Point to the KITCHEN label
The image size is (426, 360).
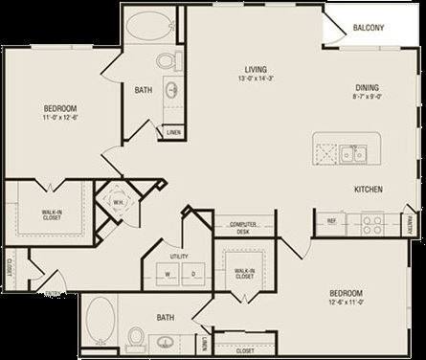(x=369, y=190)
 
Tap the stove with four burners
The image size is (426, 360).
(x=371, y=224)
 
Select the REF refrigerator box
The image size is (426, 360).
(x=331, y=221)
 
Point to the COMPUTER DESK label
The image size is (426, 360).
(x=243, y=227)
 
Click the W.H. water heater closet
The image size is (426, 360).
(x=118, y=202)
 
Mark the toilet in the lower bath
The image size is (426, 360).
(x=136, y=338)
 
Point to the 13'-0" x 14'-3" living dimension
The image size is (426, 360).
(x=255, y=79)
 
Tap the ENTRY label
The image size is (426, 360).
(x=42, y=295)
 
